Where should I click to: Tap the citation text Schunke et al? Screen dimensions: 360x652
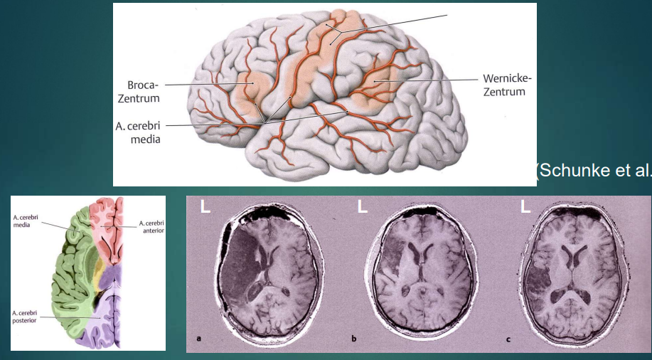pos(594,170)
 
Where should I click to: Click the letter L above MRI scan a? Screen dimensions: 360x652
pos(205,207)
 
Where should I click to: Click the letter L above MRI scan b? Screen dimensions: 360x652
pos(362,207)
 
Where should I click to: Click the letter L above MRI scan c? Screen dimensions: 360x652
pos(526,207)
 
